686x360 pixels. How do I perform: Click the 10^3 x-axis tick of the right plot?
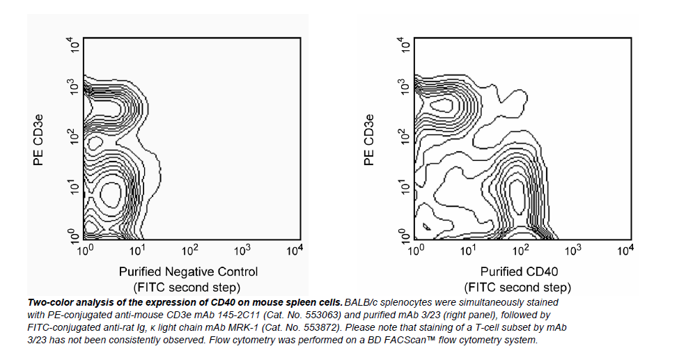click(x=572, y=249)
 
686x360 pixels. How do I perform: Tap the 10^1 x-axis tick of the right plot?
click(x=468, y=249)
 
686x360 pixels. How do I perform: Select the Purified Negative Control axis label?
click(x=188, y=272)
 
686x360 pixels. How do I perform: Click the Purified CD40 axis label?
click(x=519, y=272)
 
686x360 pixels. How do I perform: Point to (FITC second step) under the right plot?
click(x=518, y=287)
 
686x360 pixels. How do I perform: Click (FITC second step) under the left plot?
click(x=187, y=287)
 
